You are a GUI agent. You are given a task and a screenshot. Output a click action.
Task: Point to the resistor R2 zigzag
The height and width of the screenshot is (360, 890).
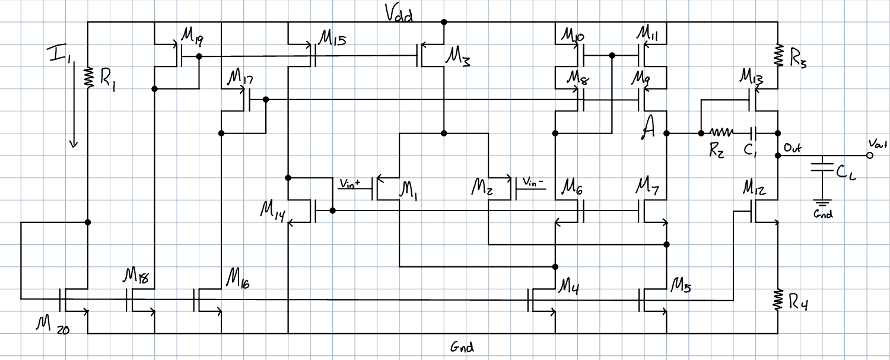(x=723, y=133)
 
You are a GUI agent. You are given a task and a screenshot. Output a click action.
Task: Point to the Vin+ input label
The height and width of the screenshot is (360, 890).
(x=350, y=184)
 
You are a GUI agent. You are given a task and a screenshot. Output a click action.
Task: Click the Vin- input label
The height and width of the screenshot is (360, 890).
(x=532, y=184)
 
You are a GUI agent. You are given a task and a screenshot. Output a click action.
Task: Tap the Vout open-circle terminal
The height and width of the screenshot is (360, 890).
(x=870, y=155)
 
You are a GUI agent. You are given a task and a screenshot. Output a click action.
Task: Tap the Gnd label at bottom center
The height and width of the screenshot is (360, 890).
(x=462, y=347)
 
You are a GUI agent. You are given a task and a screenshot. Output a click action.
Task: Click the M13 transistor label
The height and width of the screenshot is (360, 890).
(x=751, y=77)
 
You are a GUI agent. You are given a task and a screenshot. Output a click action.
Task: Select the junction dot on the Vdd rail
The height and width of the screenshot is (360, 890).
(x=444, y=22)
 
